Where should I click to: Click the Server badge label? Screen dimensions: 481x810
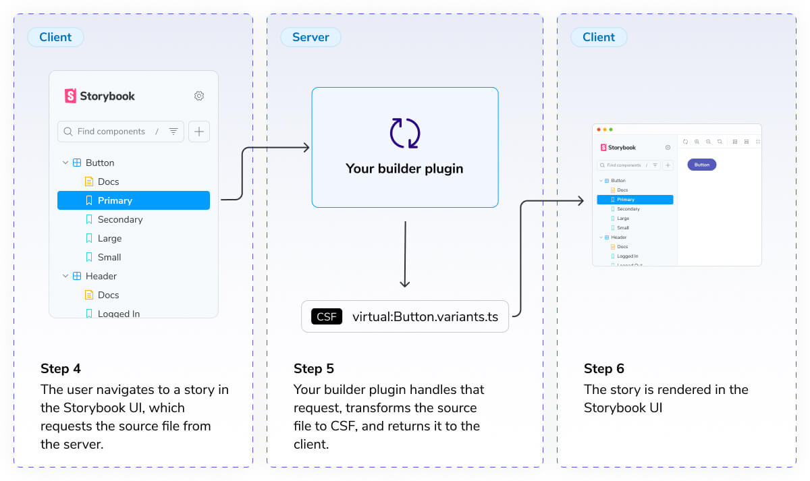click(310, 37)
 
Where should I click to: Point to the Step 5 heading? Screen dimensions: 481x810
click(313, 368)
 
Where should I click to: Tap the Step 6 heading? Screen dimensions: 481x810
click(603, 368)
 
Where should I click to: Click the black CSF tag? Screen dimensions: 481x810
click(327, 316)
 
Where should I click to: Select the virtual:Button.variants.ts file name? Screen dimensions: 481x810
click(425, 316)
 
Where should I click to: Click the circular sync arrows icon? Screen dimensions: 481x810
click(405, 133)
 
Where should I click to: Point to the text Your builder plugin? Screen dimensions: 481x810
click(404, 169)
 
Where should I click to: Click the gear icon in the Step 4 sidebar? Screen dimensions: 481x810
click(199, 96)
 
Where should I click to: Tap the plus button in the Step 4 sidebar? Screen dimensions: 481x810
click(199, 132)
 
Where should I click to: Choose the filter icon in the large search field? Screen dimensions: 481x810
click(173, 132)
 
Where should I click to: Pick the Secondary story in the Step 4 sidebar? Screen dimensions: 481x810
click(119, 219)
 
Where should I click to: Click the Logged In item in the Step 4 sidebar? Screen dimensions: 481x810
click(118, 313)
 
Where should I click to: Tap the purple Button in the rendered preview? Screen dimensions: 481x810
click(701, 165)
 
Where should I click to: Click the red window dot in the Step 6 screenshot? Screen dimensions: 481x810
click(597, 129)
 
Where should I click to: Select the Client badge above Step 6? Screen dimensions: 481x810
click(598, 37)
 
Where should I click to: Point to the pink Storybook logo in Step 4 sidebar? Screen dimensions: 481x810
click(70, 96)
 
